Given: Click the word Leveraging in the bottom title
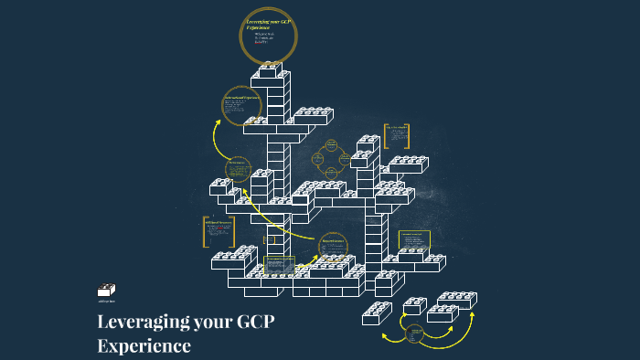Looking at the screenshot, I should coord(142,323).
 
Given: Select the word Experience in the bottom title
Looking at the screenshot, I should coord(144,346).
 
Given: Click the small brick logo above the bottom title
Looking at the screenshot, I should coord(107,291).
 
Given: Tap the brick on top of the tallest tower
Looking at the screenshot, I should coord(271,71).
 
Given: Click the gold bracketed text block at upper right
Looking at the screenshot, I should coord(398,136).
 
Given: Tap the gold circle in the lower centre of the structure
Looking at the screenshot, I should coord(333,245).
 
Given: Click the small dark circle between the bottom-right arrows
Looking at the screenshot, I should coord(414,334).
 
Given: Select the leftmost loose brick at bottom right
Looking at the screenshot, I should coord(376,313).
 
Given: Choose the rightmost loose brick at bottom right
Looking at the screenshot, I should coord(456,300).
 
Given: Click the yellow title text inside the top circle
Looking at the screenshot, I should coord(268,25).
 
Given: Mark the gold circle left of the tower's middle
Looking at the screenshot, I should coord(238,170).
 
